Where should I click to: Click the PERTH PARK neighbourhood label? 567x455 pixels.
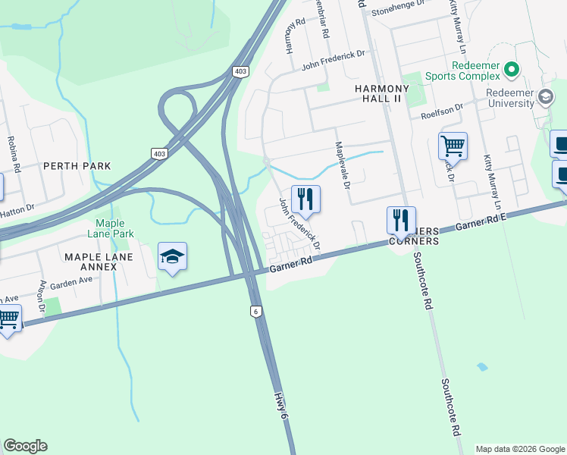coord(77,165)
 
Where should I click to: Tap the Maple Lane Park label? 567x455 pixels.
coord(114,228)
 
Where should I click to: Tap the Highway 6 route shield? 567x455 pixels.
coord(257,311)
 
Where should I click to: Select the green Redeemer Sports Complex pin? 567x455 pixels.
coord(512,71)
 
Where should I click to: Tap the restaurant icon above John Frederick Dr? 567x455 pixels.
coord(305,199)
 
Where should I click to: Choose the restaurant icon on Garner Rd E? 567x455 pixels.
coord(401,220)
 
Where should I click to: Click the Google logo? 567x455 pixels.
coord(25,446)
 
